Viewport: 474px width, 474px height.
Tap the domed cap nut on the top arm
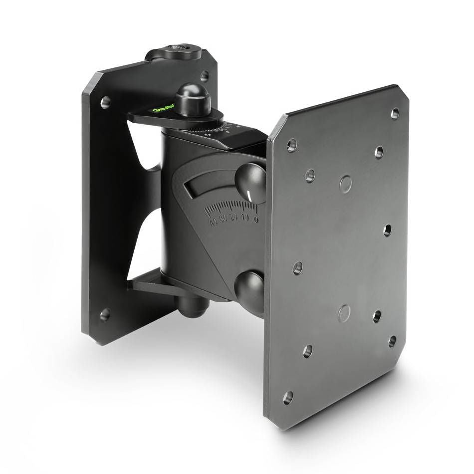(x=192, y=99)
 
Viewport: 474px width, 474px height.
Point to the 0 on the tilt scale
(x=256, y=219)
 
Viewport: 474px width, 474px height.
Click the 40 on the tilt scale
(x=214, y=223)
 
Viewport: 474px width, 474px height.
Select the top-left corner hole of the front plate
(x=292, y=145)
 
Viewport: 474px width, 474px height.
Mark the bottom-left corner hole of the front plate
(x=288, y=398)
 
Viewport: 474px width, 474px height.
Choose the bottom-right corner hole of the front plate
(x=392, y=341)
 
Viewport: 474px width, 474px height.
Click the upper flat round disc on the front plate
(x=345, y=184)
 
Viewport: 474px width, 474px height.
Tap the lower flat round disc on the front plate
(x=344, y=313)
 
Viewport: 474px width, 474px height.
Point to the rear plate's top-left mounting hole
(x=105, y=102)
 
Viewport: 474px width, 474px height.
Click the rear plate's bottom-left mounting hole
(x=105, y=315)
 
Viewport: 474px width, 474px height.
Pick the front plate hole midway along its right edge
(x=387, y=231)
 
